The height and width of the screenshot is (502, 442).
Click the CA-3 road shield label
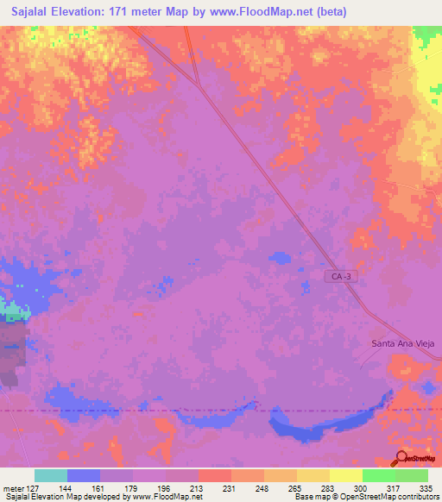tap(340, 276)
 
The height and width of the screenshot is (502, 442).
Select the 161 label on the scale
tap(100, 488)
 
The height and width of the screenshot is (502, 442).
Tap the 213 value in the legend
tap(198, 488)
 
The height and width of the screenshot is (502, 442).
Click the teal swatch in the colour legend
tap(51, 475)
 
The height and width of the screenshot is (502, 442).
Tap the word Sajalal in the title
tap(27, 11)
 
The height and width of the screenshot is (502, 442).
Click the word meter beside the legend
tap(11, 488)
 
